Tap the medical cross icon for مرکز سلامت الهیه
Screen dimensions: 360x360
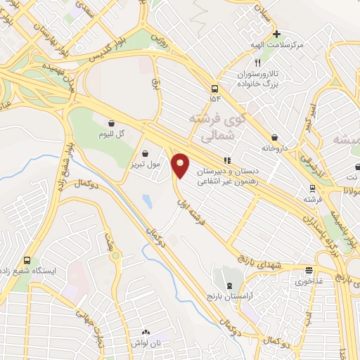276,33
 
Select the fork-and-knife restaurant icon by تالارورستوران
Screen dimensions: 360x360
258,63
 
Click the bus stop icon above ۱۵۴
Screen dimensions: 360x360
213,89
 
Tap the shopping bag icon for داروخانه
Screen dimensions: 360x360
274,137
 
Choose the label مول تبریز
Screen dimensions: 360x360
146,165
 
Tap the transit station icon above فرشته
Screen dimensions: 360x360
311,188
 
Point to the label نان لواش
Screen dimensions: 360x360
146,342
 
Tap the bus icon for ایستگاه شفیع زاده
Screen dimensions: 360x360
27,261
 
